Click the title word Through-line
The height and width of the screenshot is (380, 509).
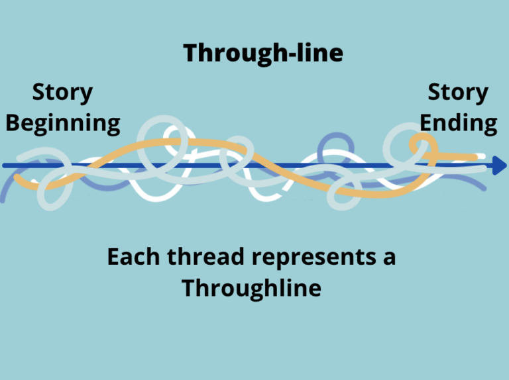(x=263, y=53)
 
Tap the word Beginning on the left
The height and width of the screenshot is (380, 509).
(x=63, y=123)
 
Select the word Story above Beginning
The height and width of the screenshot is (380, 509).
(x=62, y=93)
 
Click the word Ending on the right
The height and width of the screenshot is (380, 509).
(x=459, y=123)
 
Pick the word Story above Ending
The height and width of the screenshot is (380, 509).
(x=458, y=93)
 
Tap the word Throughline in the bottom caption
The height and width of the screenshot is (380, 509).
(x=251, y=288)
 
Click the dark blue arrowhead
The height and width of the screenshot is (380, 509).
(x=498, y=166)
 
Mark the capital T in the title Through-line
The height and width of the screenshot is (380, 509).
(x=191, y=53)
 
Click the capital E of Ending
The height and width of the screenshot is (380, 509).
(x=427, y=123)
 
